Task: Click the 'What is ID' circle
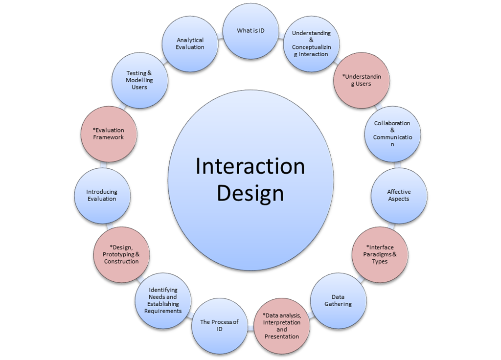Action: point(250,31)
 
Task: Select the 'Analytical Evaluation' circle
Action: point(190,44)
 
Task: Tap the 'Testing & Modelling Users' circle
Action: point(139,80)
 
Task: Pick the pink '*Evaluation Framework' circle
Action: point(109,134)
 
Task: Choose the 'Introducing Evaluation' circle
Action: point(102,196)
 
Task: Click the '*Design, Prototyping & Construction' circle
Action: point(121,254)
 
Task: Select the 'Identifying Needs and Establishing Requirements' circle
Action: point(163,300)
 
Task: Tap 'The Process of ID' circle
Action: point(219,325)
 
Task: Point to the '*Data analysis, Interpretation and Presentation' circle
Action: point(282,326)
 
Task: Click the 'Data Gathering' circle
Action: point(338,300)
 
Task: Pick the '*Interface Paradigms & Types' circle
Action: point(380,254)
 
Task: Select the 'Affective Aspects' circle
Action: point(399,196)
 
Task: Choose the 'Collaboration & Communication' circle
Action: point(392,134)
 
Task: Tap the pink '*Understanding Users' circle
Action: point(362,80)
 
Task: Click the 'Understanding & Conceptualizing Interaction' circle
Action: point(311,44)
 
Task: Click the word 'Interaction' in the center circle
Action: point(250,166)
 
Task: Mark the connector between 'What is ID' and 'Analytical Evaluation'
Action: point(220,35)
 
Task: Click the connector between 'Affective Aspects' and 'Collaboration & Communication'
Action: point(397,165)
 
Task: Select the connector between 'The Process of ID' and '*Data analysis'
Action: point(250,327)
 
